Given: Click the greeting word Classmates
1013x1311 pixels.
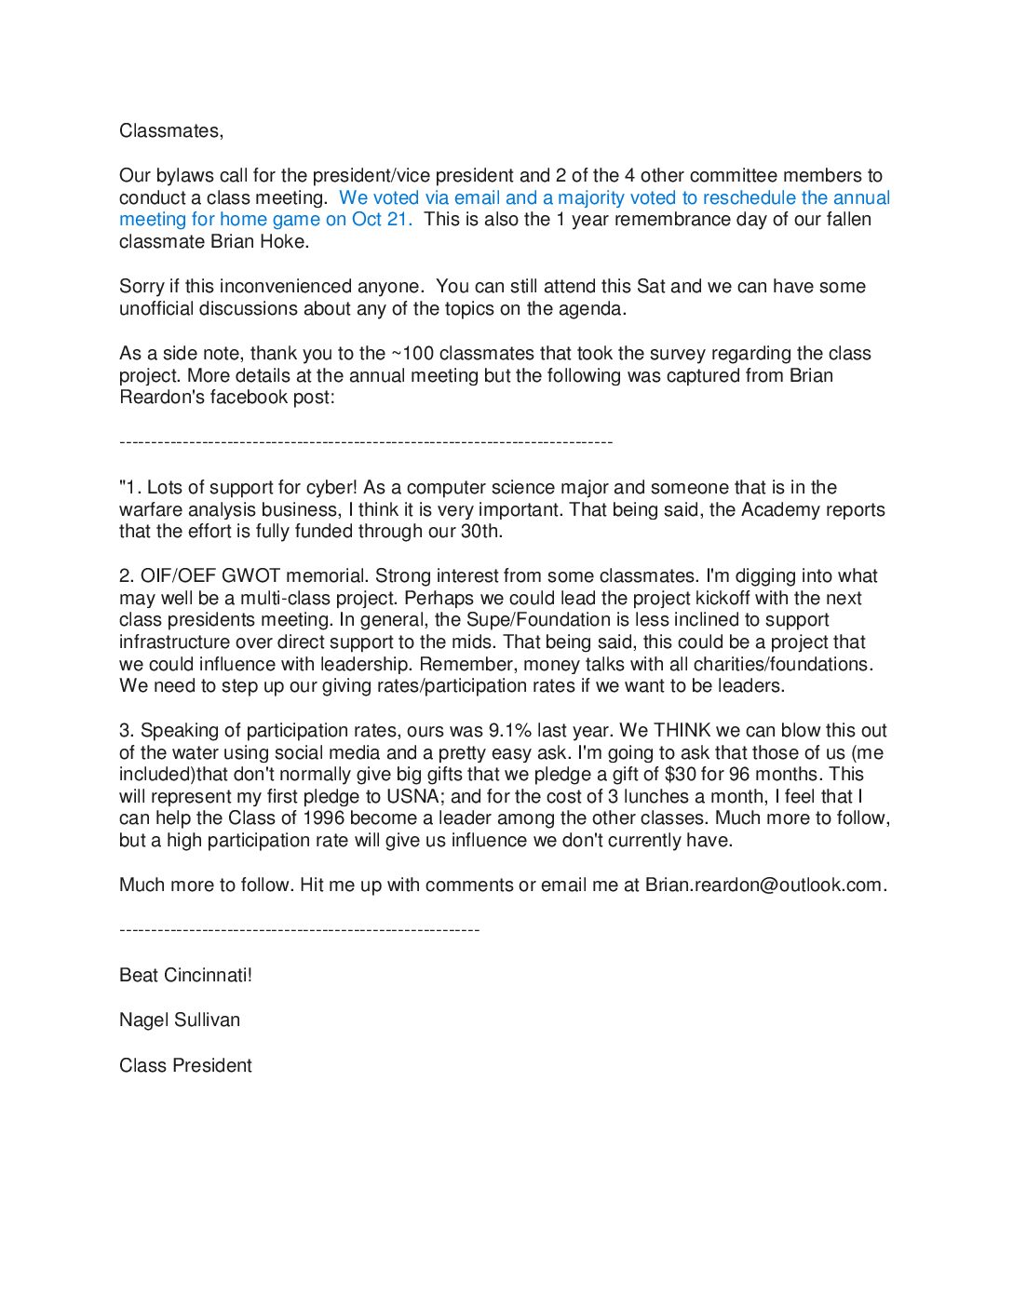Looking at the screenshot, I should click(x=170, y=131).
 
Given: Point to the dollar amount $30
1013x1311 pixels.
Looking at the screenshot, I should click(x=681, y=775).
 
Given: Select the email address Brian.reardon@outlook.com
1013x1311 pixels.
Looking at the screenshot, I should click(x=764, y=885).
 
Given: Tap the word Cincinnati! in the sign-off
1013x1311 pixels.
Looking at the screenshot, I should click(x=208, y=976).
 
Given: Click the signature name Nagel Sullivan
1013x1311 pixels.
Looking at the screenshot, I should click(x=180, y=1020).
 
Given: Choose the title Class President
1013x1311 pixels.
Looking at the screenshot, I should click(x=185, y=1066).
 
